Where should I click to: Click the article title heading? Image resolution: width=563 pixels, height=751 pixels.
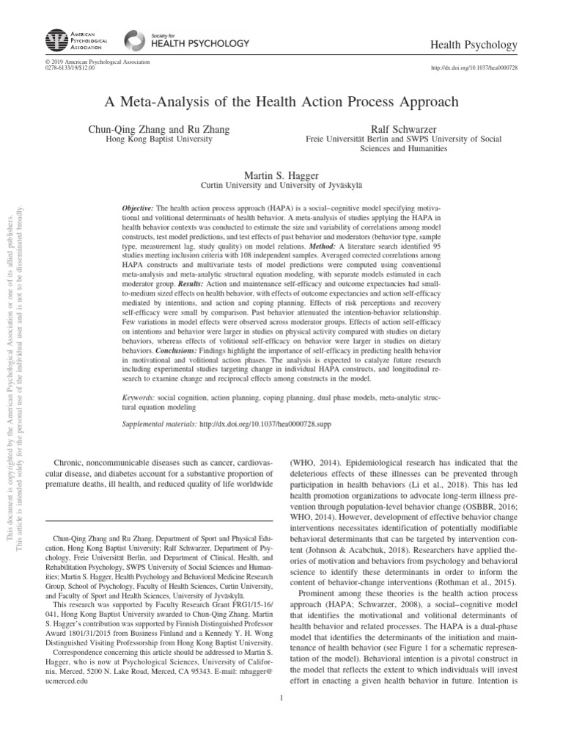click(x=281, y=102)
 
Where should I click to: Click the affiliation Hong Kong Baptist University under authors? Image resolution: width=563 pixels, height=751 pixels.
click(x=159, y=139)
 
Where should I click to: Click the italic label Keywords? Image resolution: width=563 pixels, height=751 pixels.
click(x=140, y=397)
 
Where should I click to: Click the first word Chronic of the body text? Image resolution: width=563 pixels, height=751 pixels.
click(x=72, y=462)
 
